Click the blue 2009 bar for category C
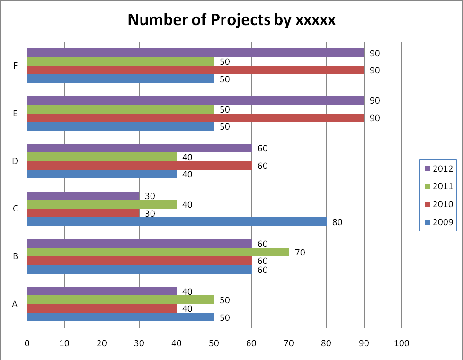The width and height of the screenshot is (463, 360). click(x=177, y=221)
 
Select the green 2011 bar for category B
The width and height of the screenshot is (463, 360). click(x=158, y=252)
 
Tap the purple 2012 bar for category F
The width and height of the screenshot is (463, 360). click(x=196, y=53)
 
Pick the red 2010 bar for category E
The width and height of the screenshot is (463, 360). click(x=196, y=118)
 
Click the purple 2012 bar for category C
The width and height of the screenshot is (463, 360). click(x=83, y=196)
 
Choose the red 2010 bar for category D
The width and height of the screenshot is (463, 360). click(x=139, y=166)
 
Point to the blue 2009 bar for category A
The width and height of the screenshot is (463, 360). click(x=121, y=317)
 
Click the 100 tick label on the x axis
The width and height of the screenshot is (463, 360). click(x=401, y=343)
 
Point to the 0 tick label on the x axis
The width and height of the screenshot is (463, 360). click(x=27, y=343)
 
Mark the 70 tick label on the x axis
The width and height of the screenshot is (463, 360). click(x=289, y=343)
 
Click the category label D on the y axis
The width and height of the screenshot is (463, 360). click(x=15, y=161)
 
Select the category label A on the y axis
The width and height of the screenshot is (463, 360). click(x=15, y=304)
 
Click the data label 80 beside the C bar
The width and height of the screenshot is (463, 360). click(x=337, y=222)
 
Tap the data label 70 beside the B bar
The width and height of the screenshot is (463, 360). click(x=300, y=253)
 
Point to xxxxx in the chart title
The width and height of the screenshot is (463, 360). click(x=315, y=20)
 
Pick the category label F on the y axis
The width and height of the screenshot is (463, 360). click(x=16, y=66)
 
